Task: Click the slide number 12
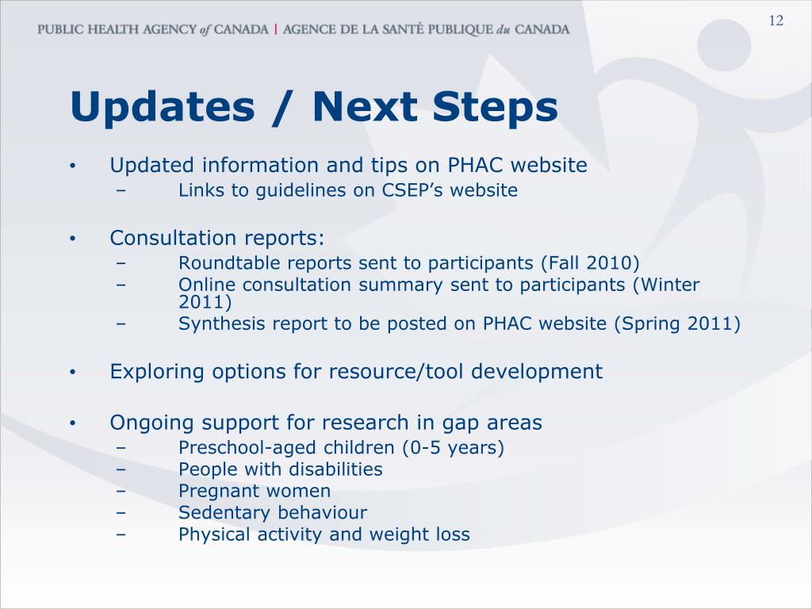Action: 776,21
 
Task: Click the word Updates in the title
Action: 163,107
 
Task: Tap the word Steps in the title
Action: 495,107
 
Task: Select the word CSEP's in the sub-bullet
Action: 412,190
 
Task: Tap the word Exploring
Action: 157,372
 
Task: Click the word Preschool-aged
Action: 247,447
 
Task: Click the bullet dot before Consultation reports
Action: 73,239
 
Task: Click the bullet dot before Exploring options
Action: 73,373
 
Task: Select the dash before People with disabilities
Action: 121,469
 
